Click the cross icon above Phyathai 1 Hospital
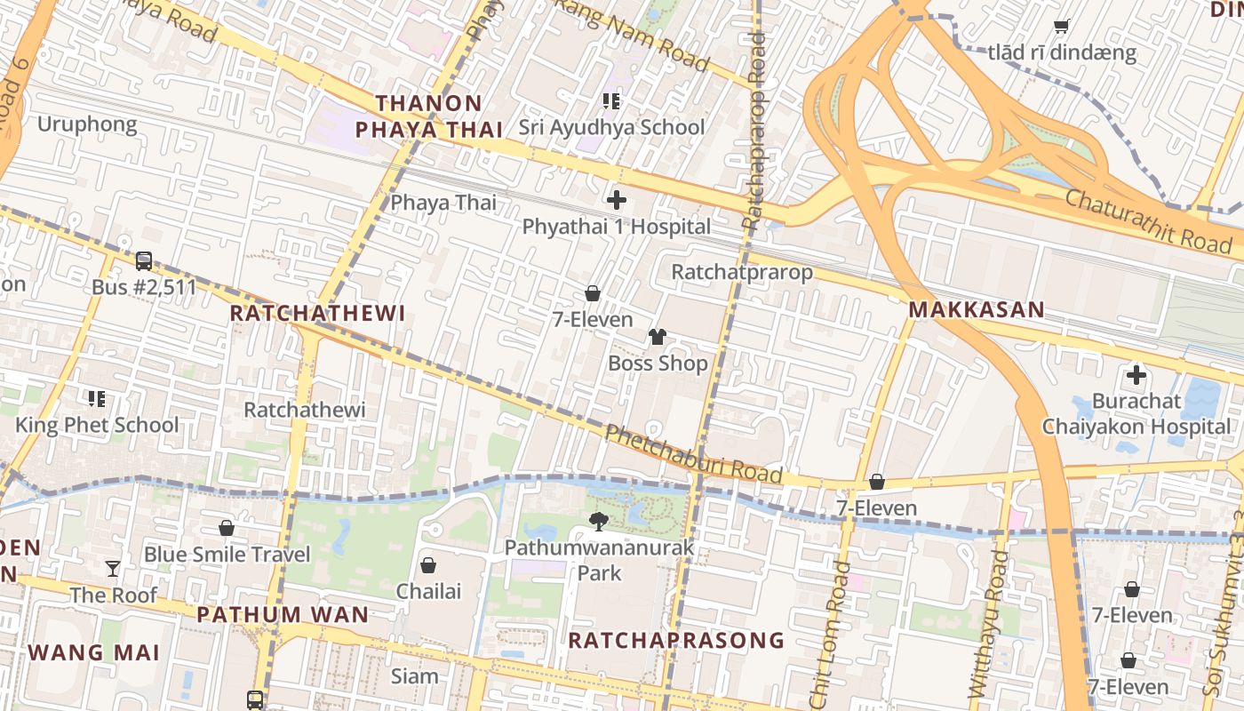[616, 200]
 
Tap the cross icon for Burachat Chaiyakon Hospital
[1136, 374]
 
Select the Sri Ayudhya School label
[611, 127]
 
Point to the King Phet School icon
[97, 398]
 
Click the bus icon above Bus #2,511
[144, 261]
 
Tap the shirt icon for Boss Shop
[658, 337]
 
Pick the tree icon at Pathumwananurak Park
[599, 521]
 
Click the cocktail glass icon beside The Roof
[113, 569]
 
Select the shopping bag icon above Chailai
[428, 565]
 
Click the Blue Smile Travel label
[227, 555]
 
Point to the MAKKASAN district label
[976, 310]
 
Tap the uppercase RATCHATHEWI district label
[317, 313]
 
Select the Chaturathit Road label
[1147, 220]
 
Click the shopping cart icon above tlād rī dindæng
[1061, 26]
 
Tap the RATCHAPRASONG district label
[676, 640]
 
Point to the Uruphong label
[87, 124]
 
